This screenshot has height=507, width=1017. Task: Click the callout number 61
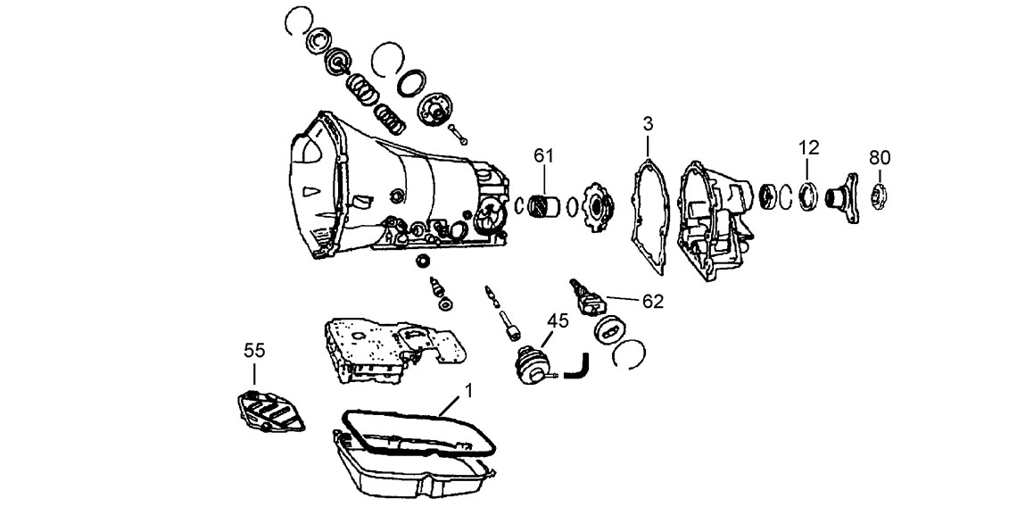[x=543, y=155]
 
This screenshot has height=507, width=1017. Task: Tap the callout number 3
[x=647, y=123]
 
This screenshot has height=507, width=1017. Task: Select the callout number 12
[x=809, y=147]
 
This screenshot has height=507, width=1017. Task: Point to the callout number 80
[x=880, y=158]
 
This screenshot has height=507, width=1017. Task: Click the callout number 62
[x=653, y=302]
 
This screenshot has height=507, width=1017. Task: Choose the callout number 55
[x=254, y=351]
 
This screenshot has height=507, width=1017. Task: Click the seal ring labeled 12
[x=808, y=195]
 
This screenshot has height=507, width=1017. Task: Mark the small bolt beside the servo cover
[x=459, y=134]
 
